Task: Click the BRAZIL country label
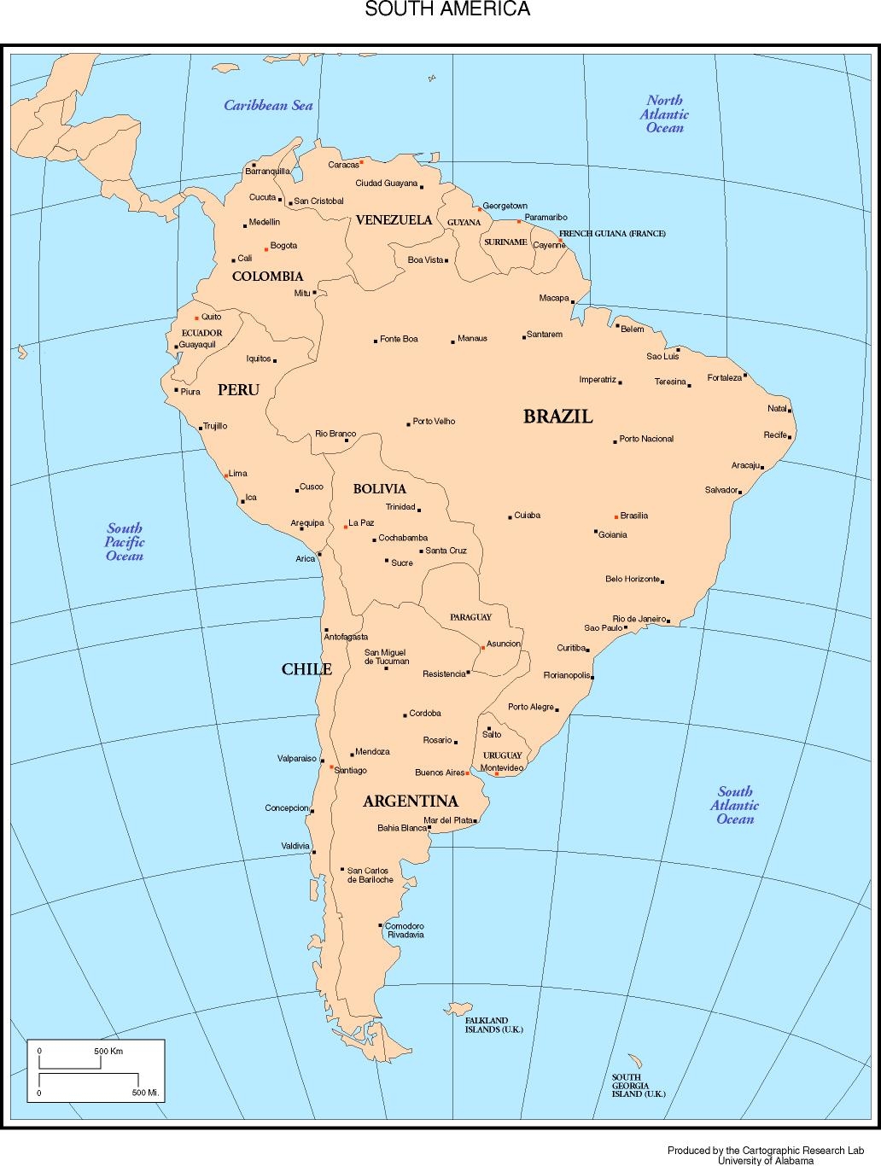pyautogui.click(x=557, y=417)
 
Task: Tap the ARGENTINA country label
pyautogui.click(x=411, y=802)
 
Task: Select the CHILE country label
pyautogui.click(x=306, y=669)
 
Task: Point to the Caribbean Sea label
pyautogui.click(x=268, y=106)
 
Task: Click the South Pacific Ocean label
pyautogui.click(x=125, y=542)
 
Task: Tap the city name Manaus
pyautogui.click(x=472, y=339)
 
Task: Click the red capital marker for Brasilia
pyautogui.click(x=616, y=516)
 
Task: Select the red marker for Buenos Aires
pyautogui.click(x=468, y=772)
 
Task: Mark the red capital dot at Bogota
pyautogui.click(x=266, y=249)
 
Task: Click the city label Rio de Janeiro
pyautogui.click(x=639, y=619)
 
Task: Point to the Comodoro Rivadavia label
pyautogui.click(x=405, y=930)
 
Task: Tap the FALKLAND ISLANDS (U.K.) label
pyautogui.click(x=493, y=1025)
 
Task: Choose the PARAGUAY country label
pyautogui.click(x=471, y=617)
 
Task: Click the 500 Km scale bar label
pyautogui.click(x=108, y=1051)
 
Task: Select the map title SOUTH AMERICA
pyautogui.click(x=447, y=9)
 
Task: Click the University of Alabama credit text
pyautogui.click(x=765, y=1160)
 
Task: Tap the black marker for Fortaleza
pyautogui.click(x=745, y=376)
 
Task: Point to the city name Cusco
pyautogui.click(x=312, y=487)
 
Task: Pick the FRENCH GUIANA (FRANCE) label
pyautogui.click(x=612, y=233)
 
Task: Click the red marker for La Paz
pyautogui.click(x=346, y=527)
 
